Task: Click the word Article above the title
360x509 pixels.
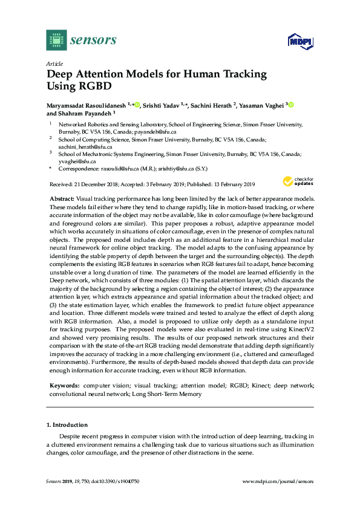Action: pyautogui.click(x=54, y=63)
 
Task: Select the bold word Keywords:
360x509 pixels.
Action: pyautogui.click(x=64, y=384)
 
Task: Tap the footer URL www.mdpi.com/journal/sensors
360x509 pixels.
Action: pyautogui.click(x=278, y=481)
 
